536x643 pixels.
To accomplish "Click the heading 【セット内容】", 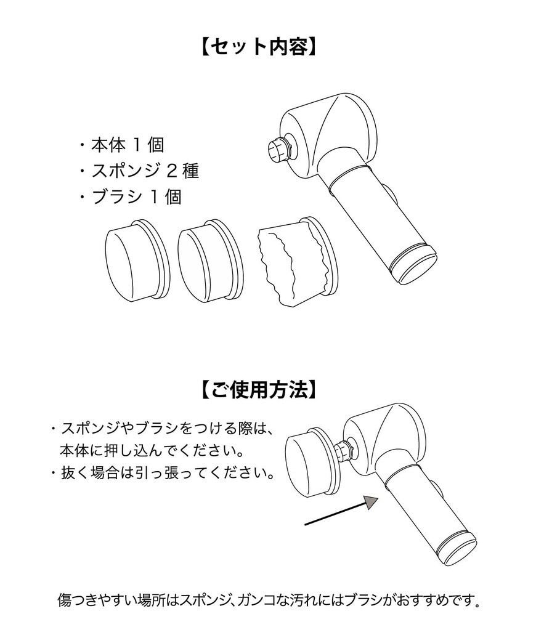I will tap(259, 47).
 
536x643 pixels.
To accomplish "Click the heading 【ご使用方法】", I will tap(259, 389).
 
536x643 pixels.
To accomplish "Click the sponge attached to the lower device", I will tap(311, 461).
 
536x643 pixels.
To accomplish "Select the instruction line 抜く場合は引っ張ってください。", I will tap(166, 474).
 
